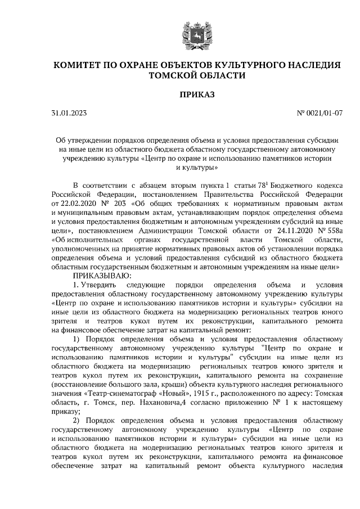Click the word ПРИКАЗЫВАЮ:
(x=101, y=276)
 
